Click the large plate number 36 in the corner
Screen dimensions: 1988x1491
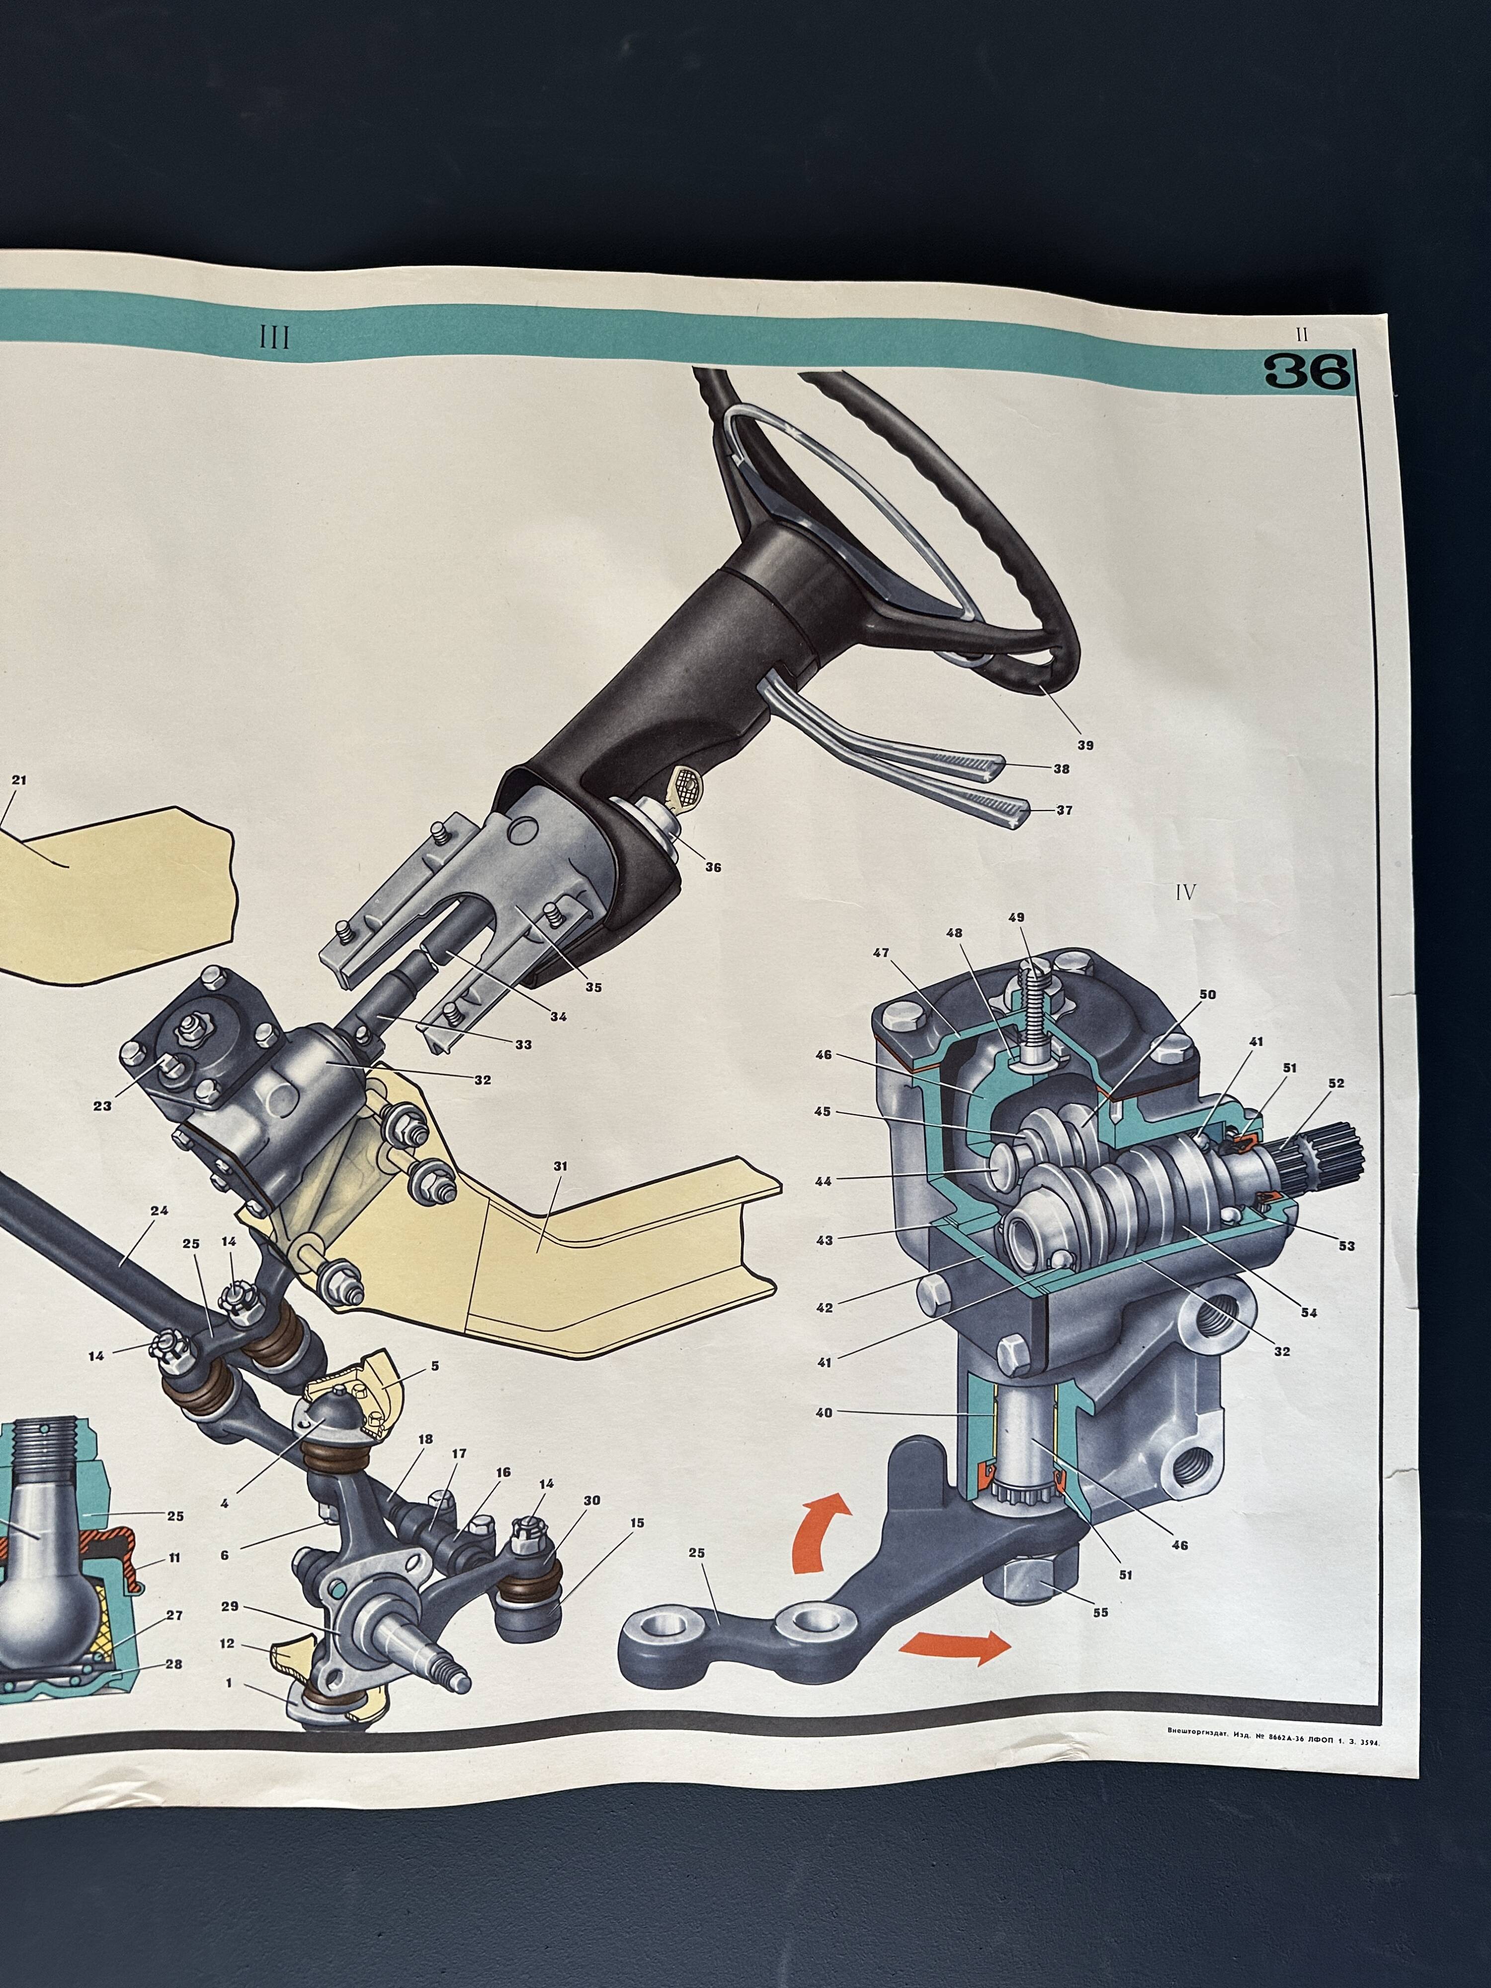pyautogui.click(x=1308, y=371)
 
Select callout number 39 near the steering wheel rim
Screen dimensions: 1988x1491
pyautogui.click(x=1085, y=745)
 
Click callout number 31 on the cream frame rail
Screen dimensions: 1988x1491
pyautogui.click(x=561, y=1166)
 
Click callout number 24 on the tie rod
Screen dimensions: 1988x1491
pyautogui.click(x=159, y=1211)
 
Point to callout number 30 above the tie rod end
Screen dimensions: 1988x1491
pyautogui.click(x=591, y=1500)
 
